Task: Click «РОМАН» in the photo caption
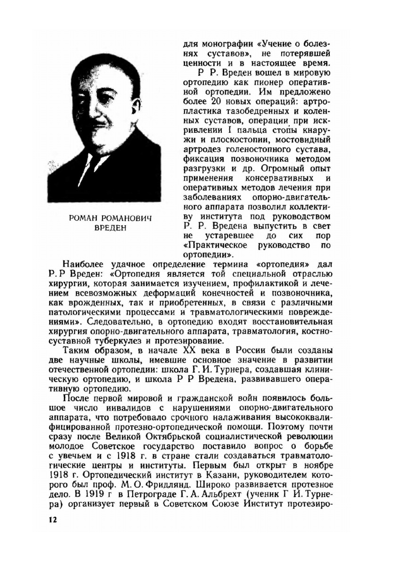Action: (83, 218)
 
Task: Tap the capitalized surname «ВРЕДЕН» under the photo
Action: (110, 228)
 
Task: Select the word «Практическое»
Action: (216, 245)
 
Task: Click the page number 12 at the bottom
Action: (53, 520)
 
